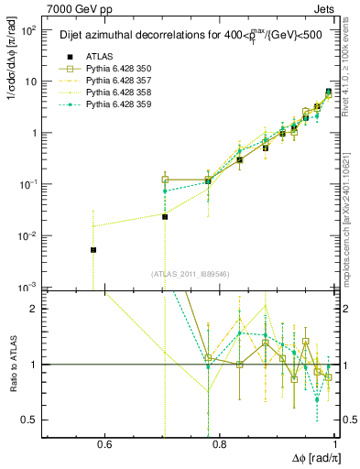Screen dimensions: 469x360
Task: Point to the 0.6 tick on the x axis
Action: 104,444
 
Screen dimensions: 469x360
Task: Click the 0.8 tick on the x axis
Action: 220,444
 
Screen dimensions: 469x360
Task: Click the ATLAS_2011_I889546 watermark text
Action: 191,274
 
